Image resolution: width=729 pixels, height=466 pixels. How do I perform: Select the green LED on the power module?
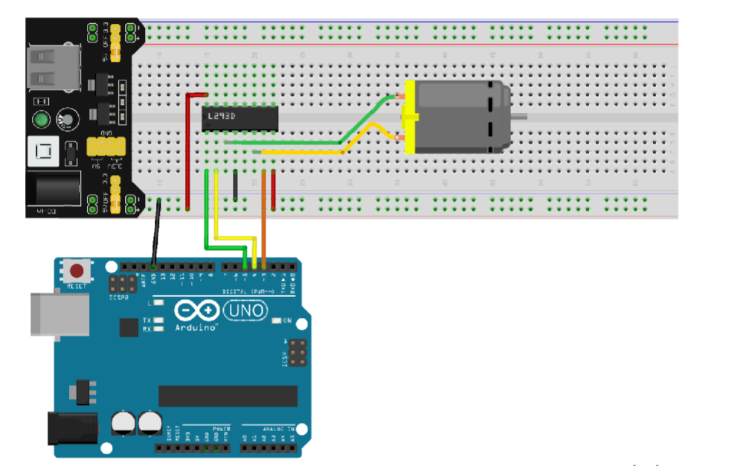point(41,120)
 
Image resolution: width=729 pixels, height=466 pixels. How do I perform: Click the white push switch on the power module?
point(44,153)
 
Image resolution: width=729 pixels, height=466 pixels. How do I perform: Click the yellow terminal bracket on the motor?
point(408,118)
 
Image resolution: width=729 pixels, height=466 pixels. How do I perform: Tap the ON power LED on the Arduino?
point(277,321)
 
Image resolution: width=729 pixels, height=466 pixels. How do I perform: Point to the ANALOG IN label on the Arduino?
point(269,430)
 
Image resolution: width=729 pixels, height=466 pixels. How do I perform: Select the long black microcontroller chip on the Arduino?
point(228,396)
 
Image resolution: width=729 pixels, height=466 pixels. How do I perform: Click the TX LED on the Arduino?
point(158,319)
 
